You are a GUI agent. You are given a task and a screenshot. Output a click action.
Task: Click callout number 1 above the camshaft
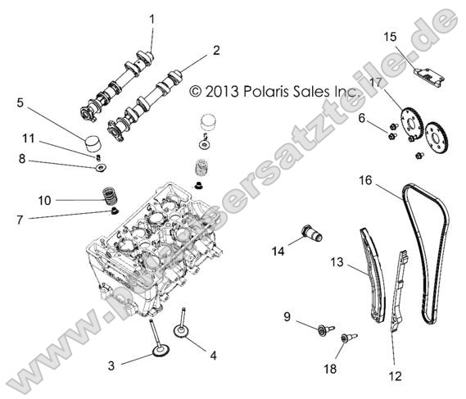tap(151, 17)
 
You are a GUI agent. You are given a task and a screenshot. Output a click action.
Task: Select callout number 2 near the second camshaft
tap(216, 50)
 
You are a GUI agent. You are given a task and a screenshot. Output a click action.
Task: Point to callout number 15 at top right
tap(391, 36)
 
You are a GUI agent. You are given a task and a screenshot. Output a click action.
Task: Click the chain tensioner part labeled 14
tap(313, 233)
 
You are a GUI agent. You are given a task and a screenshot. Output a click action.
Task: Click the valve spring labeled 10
tap(106, 197)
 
